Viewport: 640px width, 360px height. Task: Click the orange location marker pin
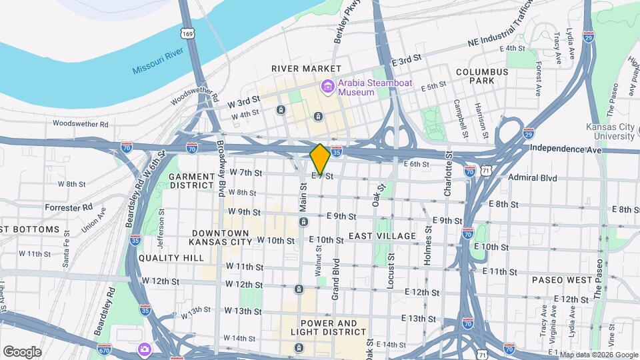(320, 159)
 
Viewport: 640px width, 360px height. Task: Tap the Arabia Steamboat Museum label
(366, 87)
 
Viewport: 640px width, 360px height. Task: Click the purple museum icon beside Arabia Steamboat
(327, 87)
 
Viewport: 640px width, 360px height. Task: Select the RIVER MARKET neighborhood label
(305, 69)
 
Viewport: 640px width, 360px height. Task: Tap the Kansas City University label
(610, 131)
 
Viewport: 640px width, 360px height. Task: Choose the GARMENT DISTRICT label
(191, 181)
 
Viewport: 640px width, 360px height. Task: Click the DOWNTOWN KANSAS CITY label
(219, 237)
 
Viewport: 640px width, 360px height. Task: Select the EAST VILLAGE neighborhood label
(382, 236)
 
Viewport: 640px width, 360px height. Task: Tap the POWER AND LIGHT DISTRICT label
(324, 328)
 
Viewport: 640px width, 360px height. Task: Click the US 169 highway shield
(187, 33)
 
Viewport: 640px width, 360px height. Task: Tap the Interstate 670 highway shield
(104, 349)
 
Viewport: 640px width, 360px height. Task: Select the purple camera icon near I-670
(144, 349)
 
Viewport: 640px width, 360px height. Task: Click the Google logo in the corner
(23, 351)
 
